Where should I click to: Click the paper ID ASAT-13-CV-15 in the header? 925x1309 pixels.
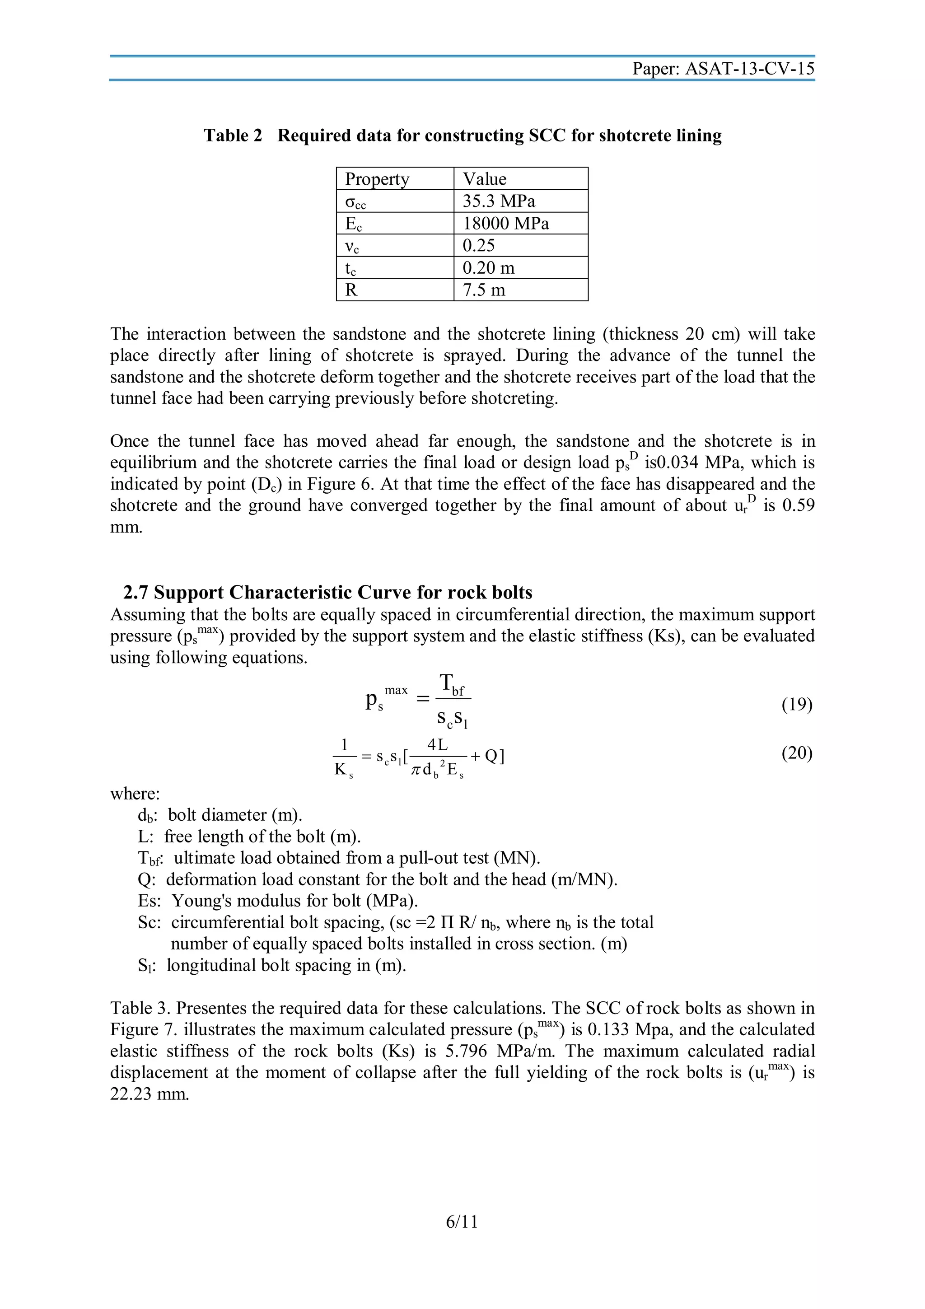click(749, 69)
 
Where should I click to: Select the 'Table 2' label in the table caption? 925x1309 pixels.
click(233, 136)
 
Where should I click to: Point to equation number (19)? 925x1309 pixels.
click(797, 705)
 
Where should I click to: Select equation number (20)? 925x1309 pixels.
click(797, 753)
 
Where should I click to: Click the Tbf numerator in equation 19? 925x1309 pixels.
click(453, 684)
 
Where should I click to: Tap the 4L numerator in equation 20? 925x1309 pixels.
click(437, 744)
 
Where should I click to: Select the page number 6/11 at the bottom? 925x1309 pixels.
click(462, 1222)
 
